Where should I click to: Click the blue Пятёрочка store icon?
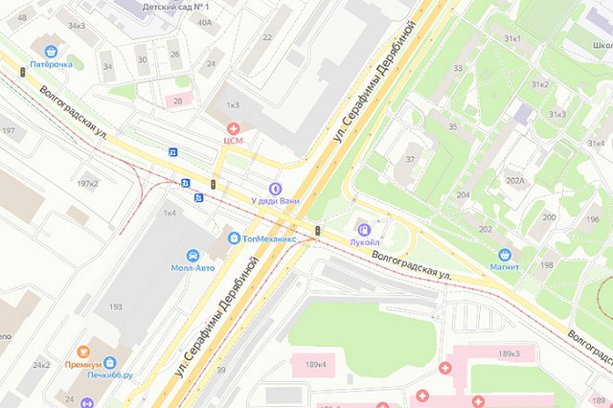pyautogui.click(x=50, y=52)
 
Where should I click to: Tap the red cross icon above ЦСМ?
pyautogui.click(x=233, y=127)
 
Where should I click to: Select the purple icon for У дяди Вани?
pyautogui.click(x=276, y=189)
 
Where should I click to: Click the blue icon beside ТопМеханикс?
pyautogui.click(x=234, y=237)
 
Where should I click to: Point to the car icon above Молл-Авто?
pyautogui.click(x=193, y=256)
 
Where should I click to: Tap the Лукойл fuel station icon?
pyautogui.click(x=364, y=229)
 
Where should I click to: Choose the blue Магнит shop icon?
pyautogui.click(x=504, y=255)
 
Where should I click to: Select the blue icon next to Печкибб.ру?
pyautogui.click(x=110, y=363)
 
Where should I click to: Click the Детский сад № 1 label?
pyautogui.click(x=175, y=6)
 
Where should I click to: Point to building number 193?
pyautogui.click(x=115, y=306)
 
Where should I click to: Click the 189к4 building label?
pyautogui.click(x=315, y=364)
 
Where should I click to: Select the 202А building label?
pyautogui.click(x=515, y=180)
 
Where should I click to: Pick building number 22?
pyautogui.click(x=266, y=37)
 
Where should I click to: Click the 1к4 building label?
pyautogui.click(x=170, y=212)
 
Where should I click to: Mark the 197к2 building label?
pyautogui.click(x=88, y=183)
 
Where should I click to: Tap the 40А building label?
pyautogui.click(x=204, y=21)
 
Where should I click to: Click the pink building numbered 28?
pyautogui.click(x=177, y=101)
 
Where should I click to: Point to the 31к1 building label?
pyautogui.click(x=513, y=38)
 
